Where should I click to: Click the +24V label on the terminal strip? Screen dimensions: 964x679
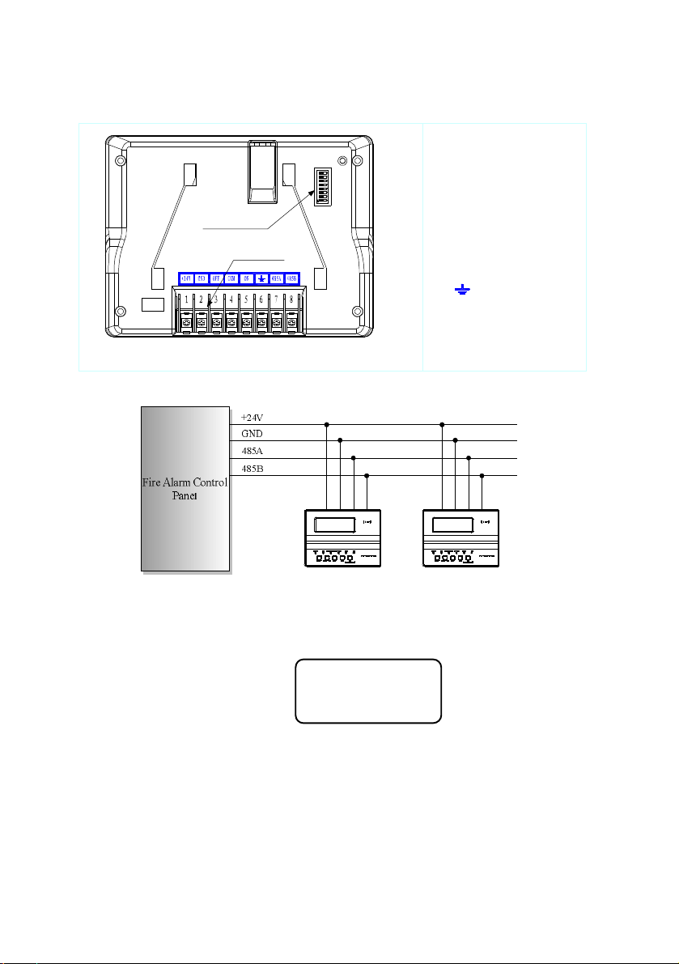click(185, 278)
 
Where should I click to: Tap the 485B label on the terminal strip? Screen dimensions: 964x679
click(292, 278)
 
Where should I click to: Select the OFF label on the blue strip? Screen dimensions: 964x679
click(216, 278)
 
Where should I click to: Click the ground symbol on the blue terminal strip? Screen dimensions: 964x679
click(261, 278)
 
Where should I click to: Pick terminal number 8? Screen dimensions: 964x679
click(291, 300)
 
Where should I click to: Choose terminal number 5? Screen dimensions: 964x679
click(246, 300)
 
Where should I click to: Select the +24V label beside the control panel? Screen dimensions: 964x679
click(252, 418)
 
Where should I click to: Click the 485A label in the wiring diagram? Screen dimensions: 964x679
click(252, 452)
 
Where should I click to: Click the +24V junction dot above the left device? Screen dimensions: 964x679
click(327, 424)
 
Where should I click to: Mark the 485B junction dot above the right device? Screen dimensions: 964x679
click(482, 475)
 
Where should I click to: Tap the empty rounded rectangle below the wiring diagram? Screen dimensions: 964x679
click(368, 690)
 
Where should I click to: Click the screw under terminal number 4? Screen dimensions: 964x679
click(231, 323)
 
